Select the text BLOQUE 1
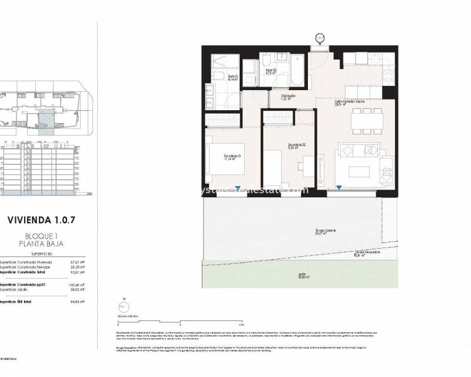coord(41,236)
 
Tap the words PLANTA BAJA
coord(41,243)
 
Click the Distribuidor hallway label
coord(288,97)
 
